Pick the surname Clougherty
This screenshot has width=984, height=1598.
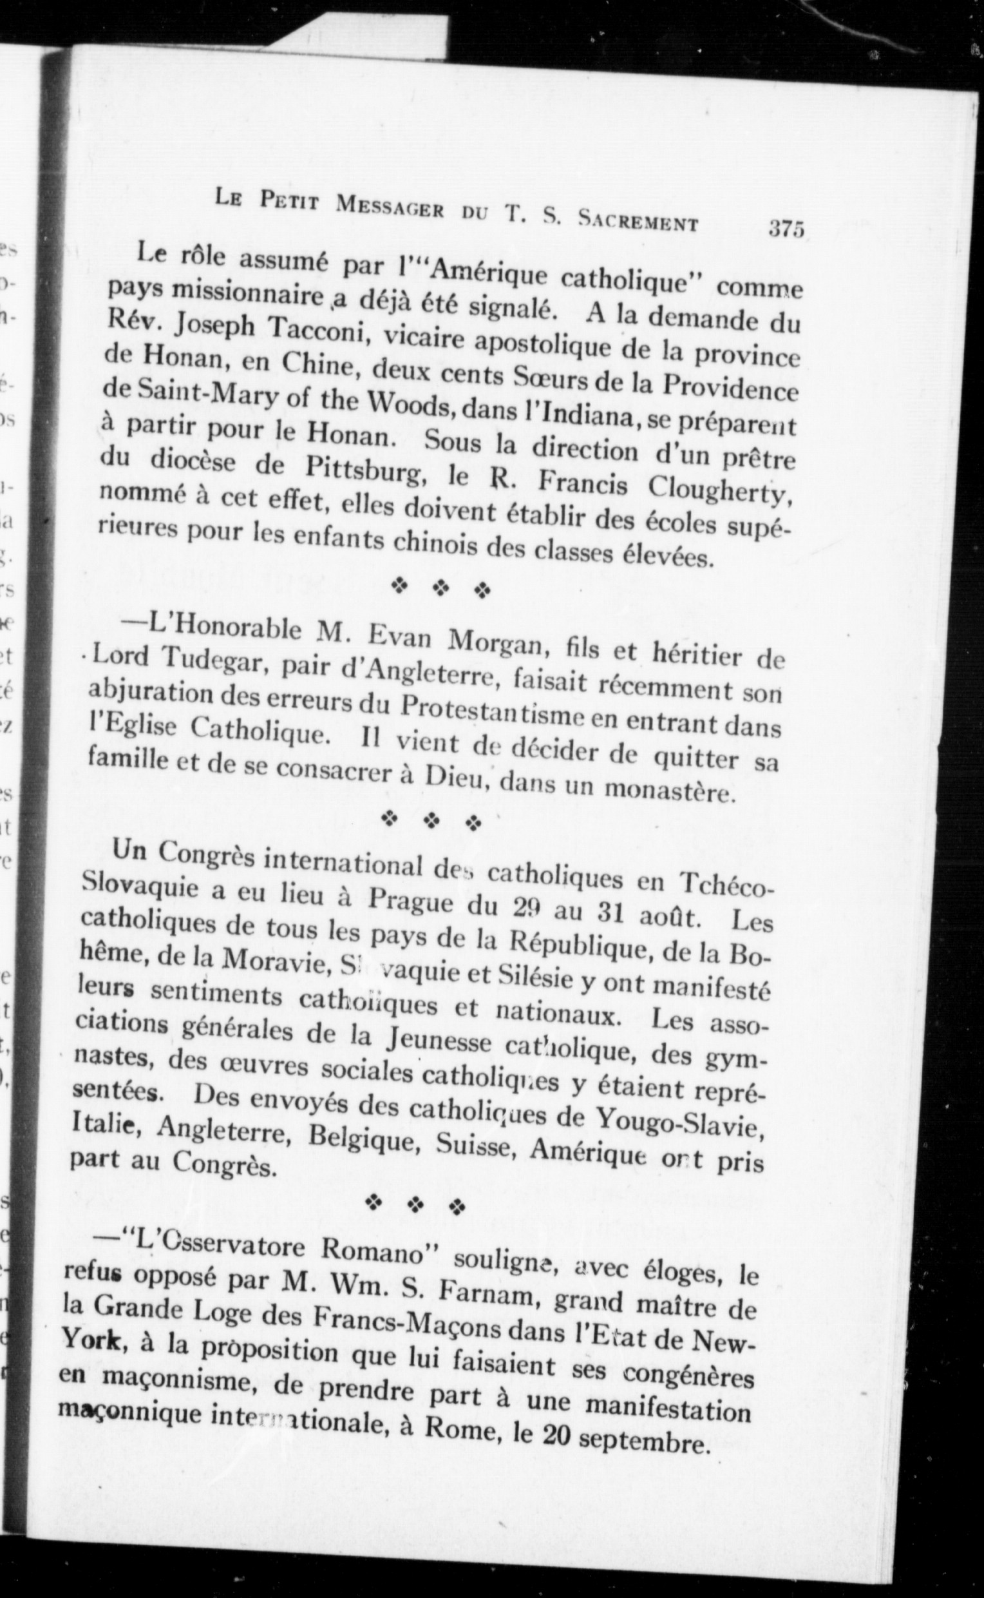(722, 497)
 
